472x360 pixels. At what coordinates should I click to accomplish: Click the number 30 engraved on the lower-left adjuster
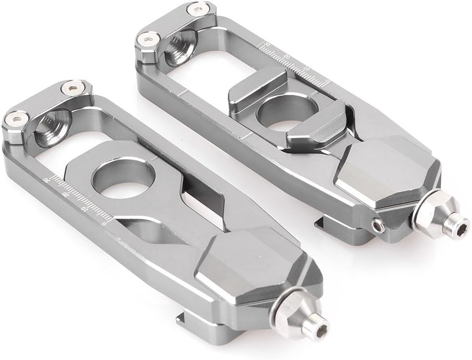point(46,179)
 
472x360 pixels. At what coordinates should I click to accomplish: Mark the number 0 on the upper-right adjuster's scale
point(327,81)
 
